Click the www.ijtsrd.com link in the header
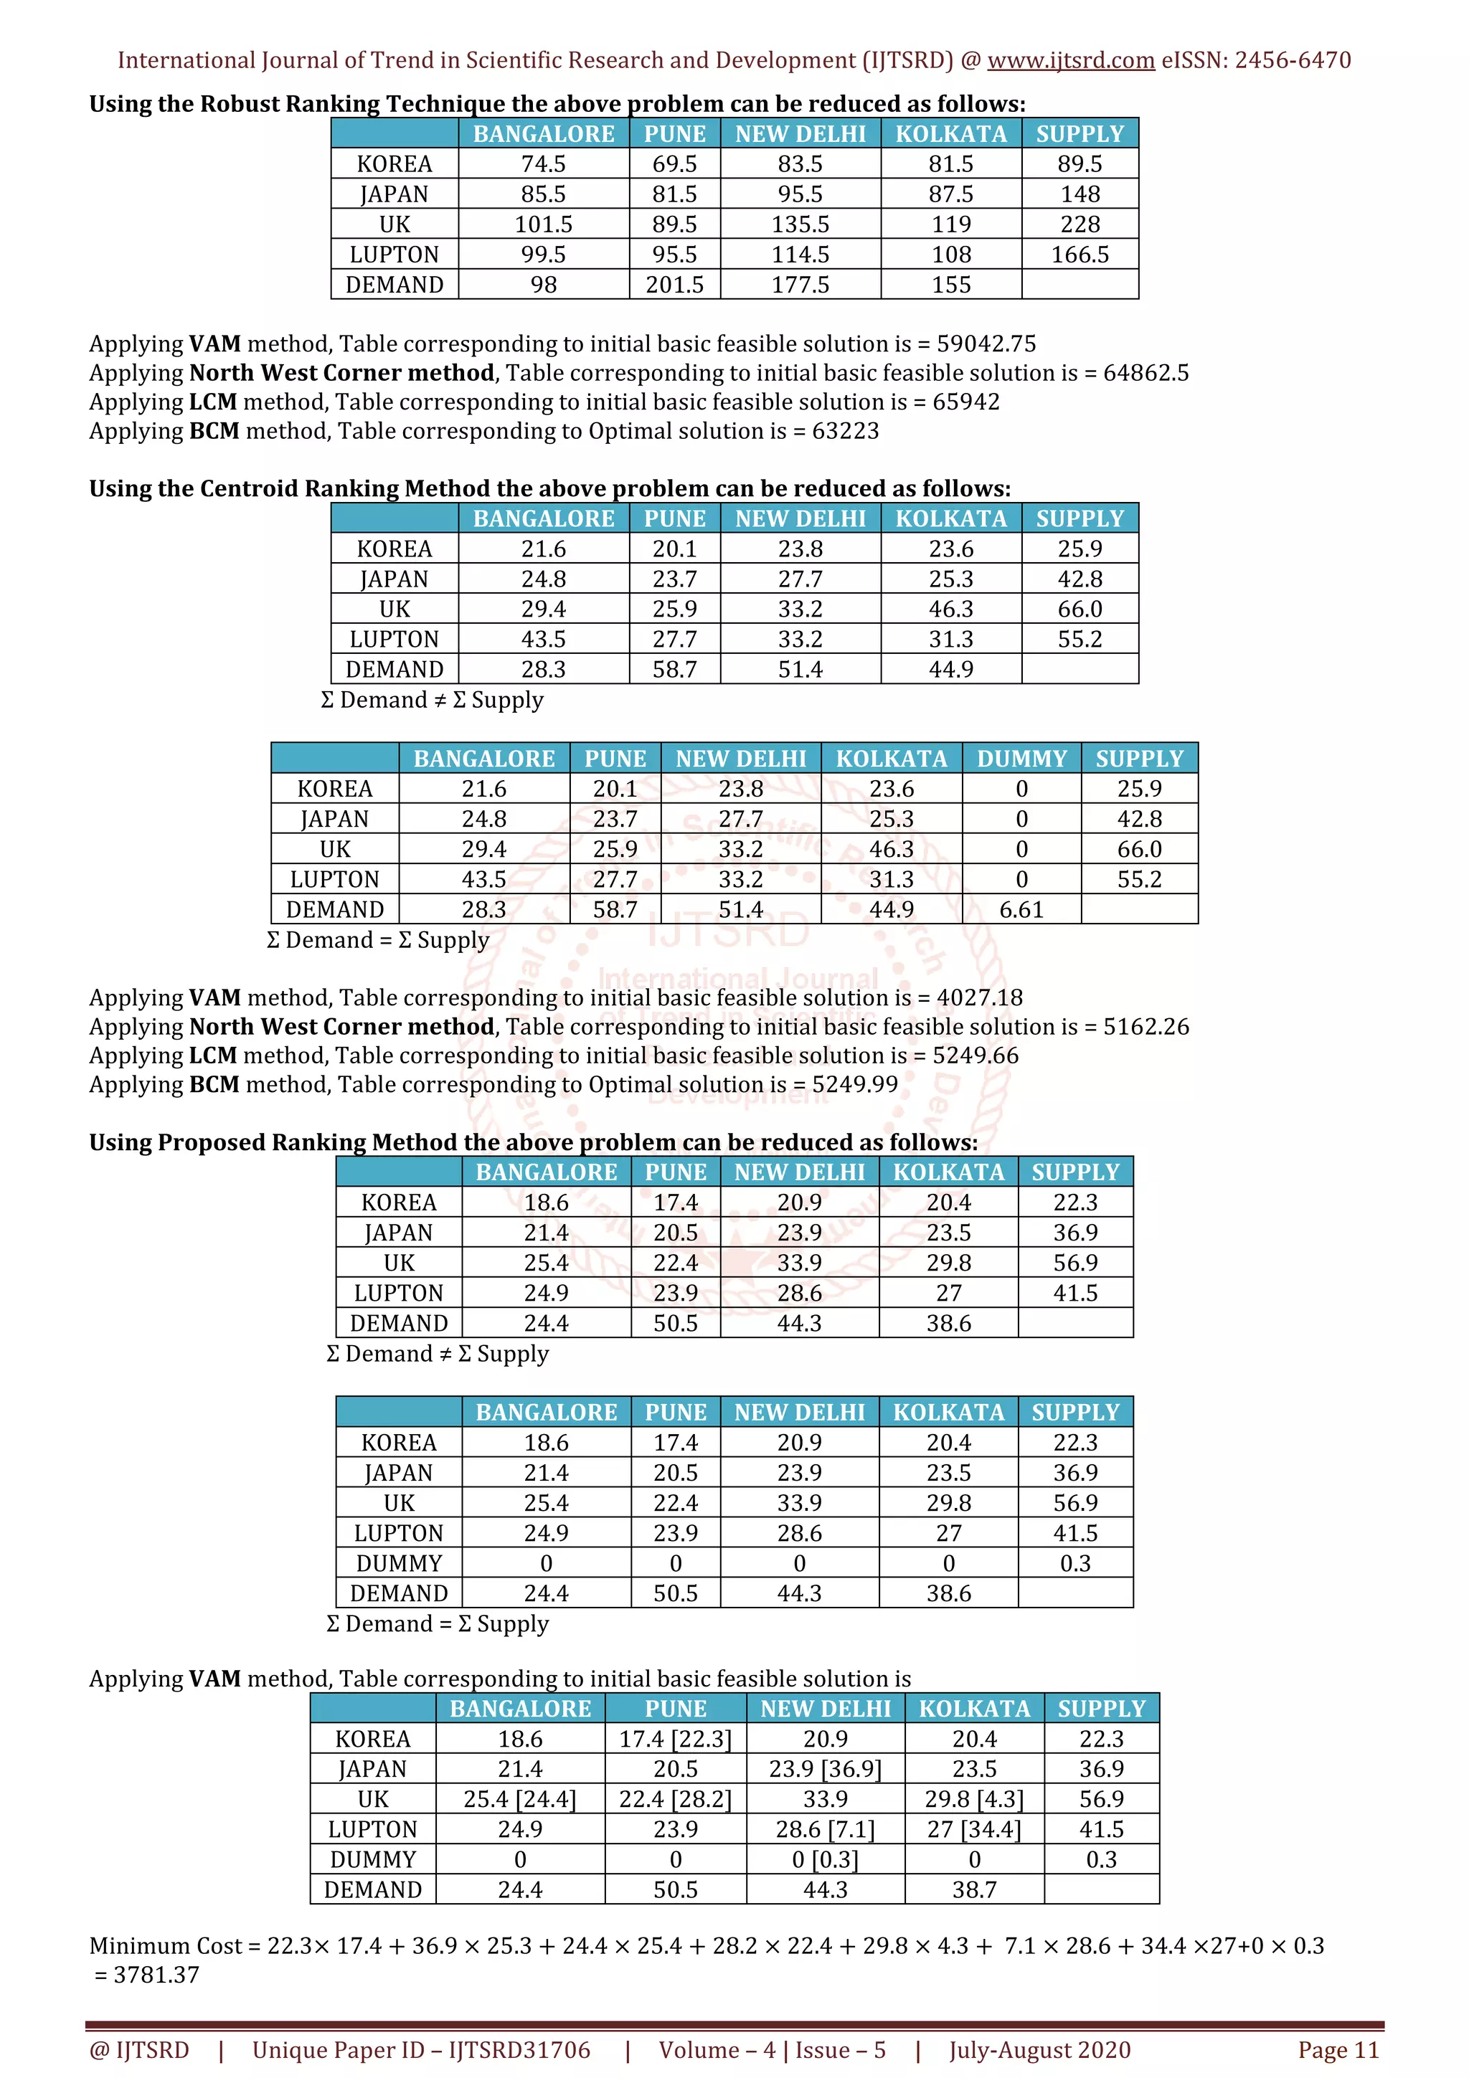click(1070, 61)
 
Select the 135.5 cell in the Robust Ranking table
click(800, 224)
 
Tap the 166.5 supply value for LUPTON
click(1080, 255)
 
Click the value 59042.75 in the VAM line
click(986, 344)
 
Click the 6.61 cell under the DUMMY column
click(1021, 910)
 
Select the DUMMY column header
click(1021, 759)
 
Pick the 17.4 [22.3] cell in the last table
click(675, 1739)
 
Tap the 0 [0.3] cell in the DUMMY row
click(825, 1859)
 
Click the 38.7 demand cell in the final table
click(974, 1889)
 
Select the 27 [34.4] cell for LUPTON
click(974, 1829)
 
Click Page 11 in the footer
click(1338, 2050)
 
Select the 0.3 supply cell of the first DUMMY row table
click(1074, 1563)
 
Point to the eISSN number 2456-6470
click(1293, 61)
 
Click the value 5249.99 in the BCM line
click(854, 1084)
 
